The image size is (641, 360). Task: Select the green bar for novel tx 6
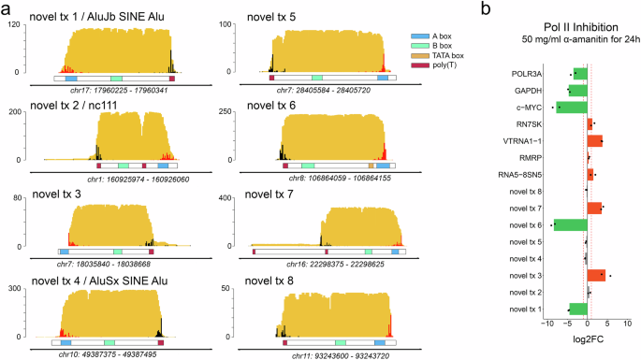tap(570, 224)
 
